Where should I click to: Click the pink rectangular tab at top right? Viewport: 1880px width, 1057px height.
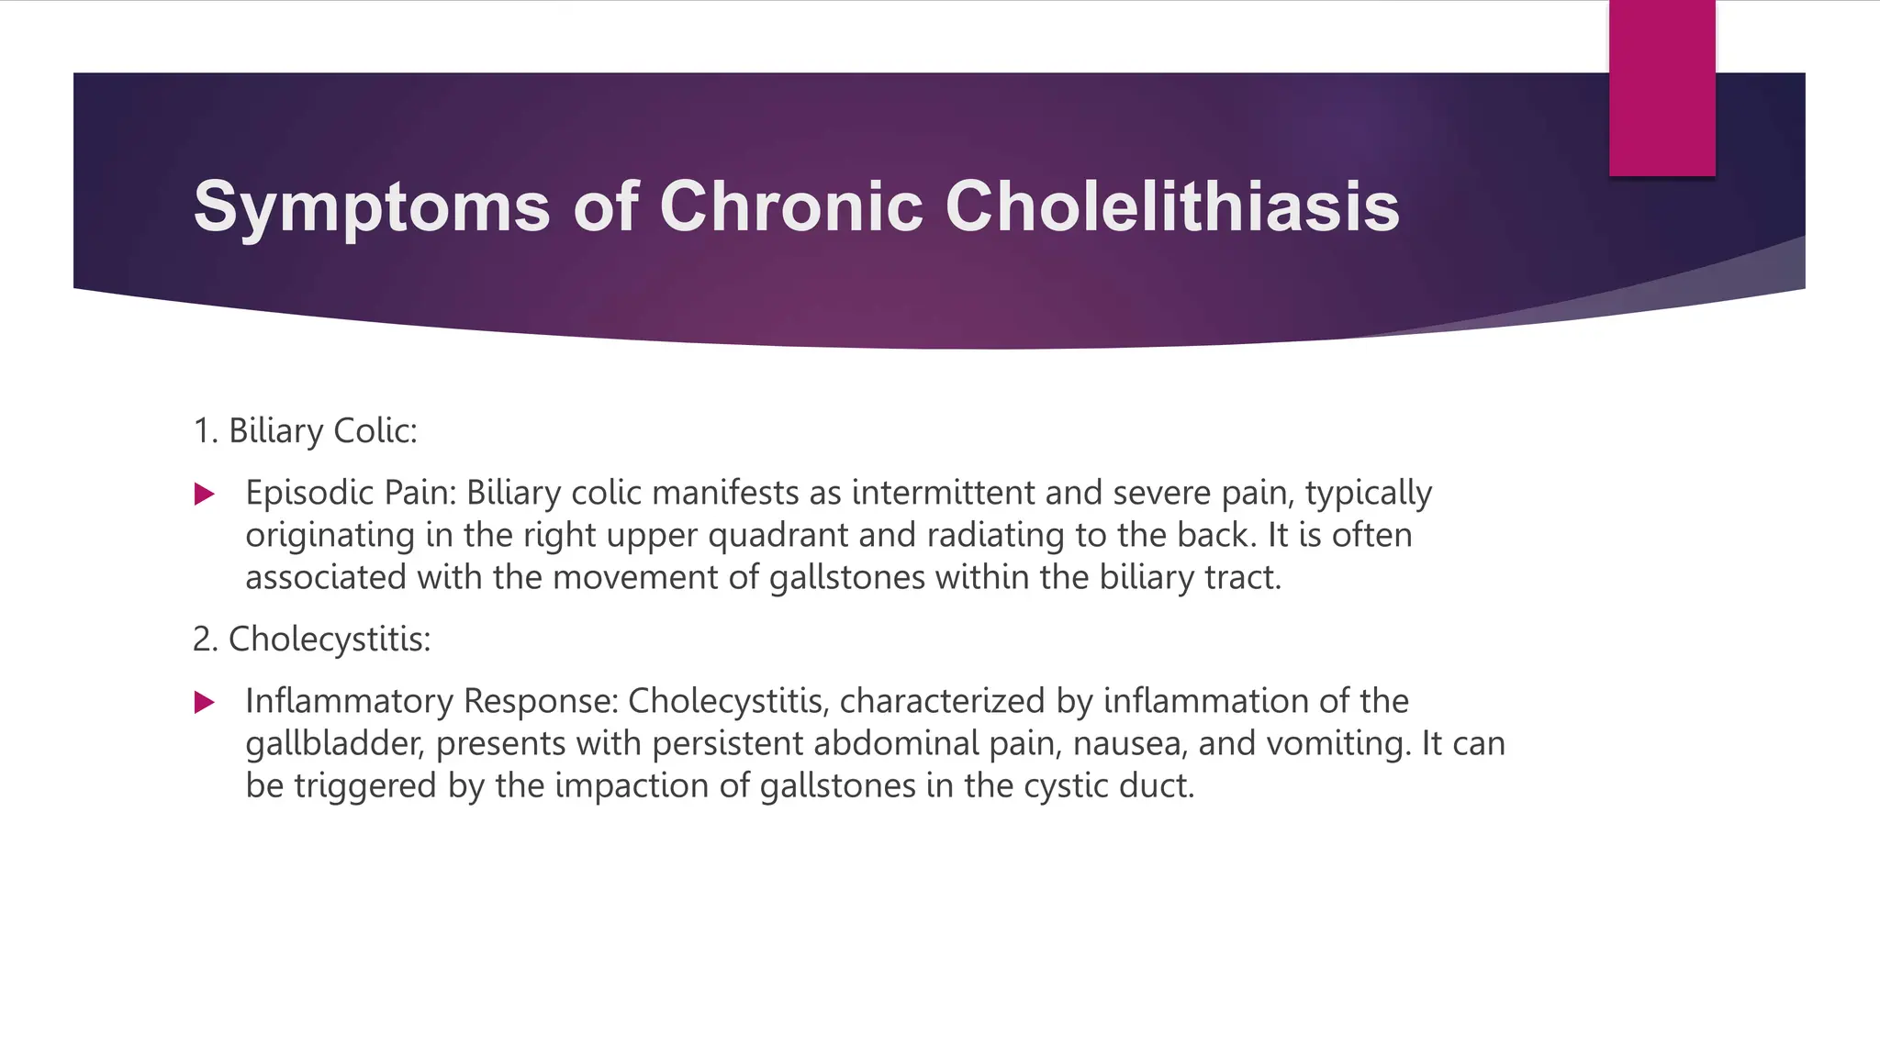point(1662,88)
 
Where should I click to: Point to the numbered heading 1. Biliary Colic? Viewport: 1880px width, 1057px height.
point(305,430)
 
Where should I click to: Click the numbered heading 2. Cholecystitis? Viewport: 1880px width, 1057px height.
point(311,639)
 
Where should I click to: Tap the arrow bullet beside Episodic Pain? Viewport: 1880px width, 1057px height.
point(205,495)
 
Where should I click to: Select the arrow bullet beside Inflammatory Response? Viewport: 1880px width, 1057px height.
point(205,703)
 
